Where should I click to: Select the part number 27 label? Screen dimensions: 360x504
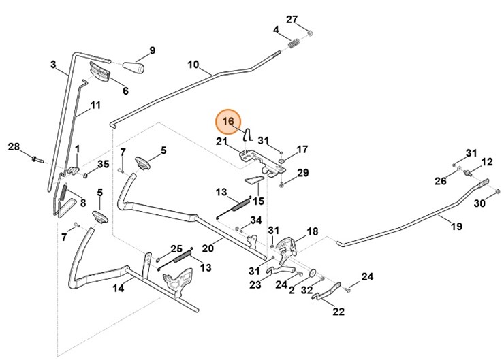coord(292,18)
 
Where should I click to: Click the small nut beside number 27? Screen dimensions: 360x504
coord(309,33)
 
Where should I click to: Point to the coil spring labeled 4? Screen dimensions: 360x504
coord(294,44)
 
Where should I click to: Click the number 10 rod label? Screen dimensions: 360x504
coord(193,65)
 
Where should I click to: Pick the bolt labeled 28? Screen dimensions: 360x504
coord(37,159)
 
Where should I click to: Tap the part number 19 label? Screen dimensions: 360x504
coord(457,226)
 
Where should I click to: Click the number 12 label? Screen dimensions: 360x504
coord(487,161)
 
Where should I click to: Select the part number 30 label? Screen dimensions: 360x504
coord(479,203)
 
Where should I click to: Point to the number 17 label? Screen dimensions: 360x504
coord(302,149)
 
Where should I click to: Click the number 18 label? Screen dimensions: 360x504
coord(313,231)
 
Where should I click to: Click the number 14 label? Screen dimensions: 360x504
coord(118,288)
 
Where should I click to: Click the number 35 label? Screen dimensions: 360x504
coord(104,164)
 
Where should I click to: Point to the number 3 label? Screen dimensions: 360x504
coord(53,65)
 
